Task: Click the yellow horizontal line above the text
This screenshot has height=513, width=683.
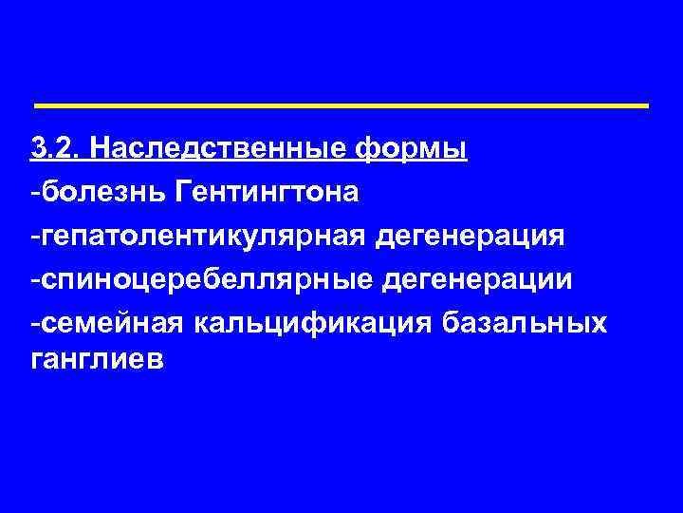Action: [341, 104]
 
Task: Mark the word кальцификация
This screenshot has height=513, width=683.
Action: [313, 324]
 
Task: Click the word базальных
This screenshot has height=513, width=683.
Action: [525, 324]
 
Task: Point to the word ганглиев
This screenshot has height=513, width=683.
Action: [96, 361]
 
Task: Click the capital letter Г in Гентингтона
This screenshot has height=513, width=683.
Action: [183, 193]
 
